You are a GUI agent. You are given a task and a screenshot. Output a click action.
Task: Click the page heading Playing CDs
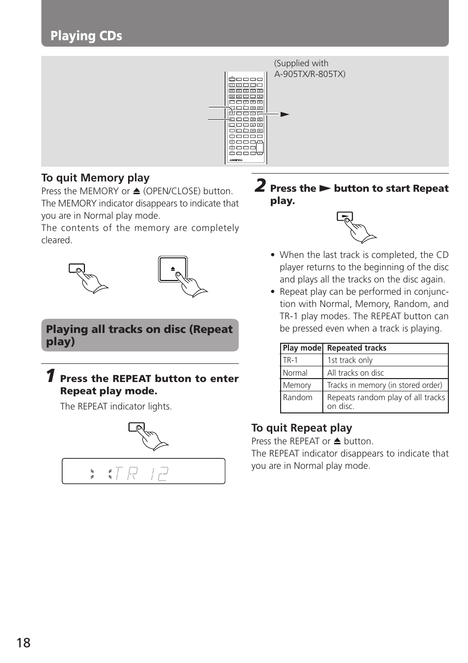pos(86,36)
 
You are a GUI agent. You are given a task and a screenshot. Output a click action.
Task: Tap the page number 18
pos(23,643)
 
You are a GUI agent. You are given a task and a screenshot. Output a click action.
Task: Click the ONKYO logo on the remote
pos(236,160)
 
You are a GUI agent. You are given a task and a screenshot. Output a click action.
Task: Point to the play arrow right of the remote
pos(285,114)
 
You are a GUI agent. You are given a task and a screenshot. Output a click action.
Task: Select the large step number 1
pos(50,376)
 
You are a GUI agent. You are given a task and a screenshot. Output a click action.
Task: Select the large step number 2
pos(260,186)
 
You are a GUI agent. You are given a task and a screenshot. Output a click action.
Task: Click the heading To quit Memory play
pos(95,178)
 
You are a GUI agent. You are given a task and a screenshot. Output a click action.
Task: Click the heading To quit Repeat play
pos(301,428)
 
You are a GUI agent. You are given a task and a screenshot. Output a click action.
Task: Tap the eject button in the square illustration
pos(173,269)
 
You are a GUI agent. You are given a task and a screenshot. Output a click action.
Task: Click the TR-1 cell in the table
pos(290,360)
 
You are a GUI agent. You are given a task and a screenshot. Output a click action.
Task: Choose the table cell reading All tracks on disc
pos(355,373)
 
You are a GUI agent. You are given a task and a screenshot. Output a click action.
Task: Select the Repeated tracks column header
pos(357,348)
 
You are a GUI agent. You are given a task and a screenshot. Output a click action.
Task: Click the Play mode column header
pos(302,348)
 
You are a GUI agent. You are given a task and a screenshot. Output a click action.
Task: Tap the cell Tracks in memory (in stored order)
pos(384,385)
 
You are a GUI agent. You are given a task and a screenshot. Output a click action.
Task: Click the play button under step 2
pos(344,216)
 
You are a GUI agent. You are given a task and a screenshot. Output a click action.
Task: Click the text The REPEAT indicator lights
pos(116,406)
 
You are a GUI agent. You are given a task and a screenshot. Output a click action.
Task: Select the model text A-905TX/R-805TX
pos(310,74)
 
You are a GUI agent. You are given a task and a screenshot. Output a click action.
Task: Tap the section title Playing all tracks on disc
pos(139,335)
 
